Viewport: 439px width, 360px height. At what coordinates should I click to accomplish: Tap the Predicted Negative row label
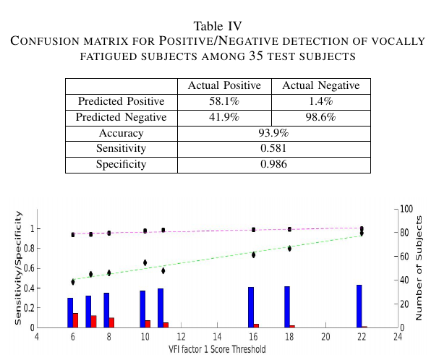click(x=122, y=118)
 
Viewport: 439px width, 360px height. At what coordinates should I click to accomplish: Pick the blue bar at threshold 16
click(x=251, y=307)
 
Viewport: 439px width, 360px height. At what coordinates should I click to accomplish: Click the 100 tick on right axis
click(x=406, y=209)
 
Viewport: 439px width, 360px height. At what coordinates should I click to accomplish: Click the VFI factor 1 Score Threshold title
click(x=217, y=349)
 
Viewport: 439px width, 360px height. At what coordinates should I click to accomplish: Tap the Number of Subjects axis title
click(x=418, y=267)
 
